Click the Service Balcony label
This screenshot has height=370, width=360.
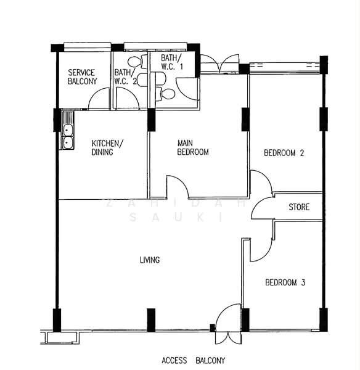(82, 76)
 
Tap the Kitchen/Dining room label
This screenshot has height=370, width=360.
(107, 147)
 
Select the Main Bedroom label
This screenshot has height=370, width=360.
(193, 147)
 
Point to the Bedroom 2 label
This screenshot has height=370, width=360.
(284, 153)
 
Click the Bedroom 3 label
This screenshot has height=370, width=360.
(285, 282)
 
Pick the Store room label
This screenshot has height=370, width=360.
(299, 207)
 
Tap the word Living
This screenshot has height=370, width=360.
(150, 260)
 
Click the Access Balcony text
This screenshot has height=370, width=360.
(193, 360)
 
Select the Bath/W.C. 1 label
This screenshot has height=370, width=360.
(172, 62)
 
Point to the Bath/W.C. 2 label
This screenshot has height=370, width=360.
(126, 76)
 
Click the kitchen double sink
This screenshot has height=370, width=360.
(67, 137)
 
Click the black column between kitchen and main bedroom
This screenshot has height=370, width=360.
(151, 120)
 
